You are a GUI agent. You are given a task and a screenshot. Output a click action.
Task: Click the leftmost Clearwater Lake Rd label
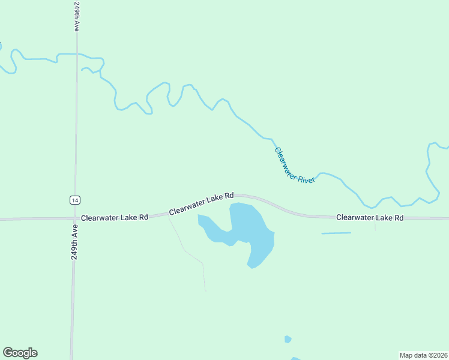pyautogui.click(x=115, y=217)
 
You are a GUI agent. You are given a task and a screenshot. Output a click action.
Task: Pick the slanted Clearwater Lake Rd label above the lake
pyautogui.click(x=201, y=204)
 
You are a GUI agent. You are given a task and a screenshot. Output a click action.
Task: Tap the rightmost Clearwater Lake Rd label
pyautogui.click(x=369, y=217)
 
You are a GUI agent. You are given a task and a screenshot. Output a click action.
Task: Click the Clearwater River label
pyautogui.click(x=295, y=166)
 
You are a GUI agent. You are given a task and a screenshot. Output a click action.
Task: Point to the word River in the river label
pyautogui.click(x=307, y=176)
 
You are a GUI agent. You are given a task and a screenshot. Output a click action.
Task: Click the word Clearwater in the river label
pyautogui.click(x=286, y=158)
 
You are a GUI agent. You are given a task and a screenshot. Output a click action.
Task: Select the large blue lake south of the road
pyautogui.click(x=252, y=231)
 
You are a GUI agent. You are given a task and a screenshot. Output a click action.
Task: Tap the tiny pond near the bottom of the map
pyautogui.click(x=288, y=339)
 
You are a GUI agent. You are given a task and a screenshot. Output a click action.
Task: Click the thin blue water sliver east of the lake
pyautogui.click(x=336, y=233)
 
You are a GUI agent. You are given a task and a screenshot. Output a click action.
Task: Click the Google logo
pyautogui.click(x=20, y=353)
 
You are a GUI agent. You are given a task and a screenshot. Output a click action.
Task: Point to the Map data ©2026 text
pyautogui.click(x=423, y=355)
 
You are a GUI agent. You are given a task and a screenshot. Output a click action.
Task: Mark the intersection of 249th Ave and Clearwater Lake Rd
pyautogui.click(x=74, y=218)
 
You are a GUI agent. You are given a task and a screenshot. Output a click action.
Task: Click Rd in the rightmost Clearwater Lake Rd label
pyautogui.click(x=398, y=217)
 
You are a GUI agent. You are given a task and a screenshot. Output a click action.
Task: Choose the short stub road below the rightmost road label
pyautogui.click(x=375, y=224)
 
